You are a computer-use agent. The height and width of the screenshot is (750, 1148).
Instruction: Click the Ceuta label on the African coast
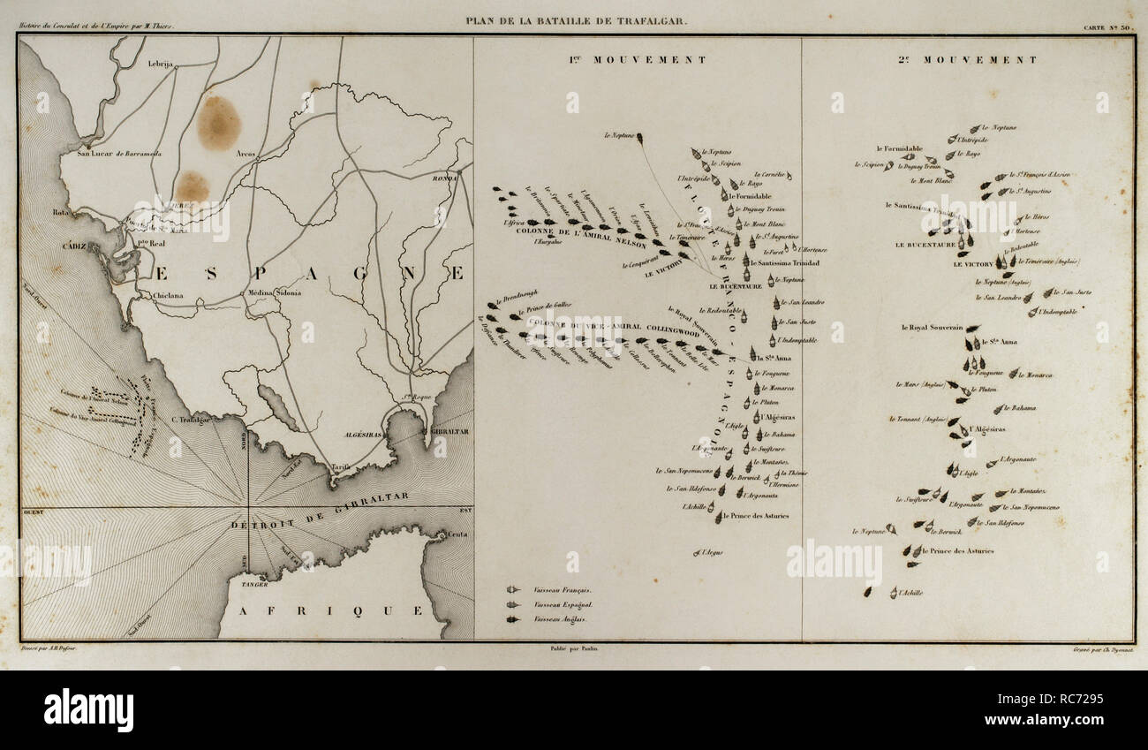coord(457,535)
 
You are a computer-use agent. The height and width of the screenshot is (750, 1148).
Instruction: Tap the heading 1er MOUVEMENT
coord(636,60)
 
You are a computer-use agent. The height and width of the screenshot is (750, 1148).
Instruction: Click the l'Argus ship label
coord(714,552)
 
